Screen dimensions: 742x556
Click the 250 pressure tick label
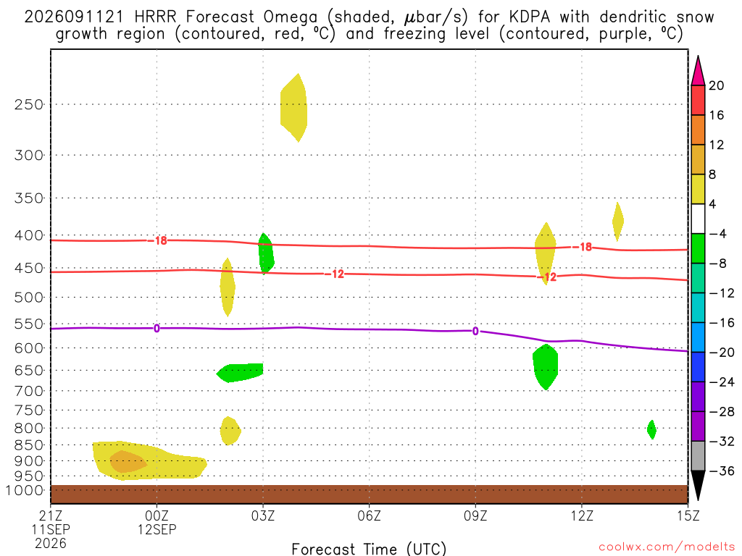[x=29, y=104]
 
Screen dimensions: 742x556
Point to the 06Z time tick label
[x=369, y=515]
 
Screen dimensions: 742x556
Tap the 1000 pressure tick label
[x=25, y=490]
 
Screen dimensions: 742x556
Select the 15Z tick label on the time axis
[x=688, y=515]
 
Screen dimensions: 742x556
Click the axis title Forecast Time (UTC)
[x=369, y=549]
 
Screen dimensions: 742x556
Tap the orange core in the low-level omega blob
[x=128, y=462]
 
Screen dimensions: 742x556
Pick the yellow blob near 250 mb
[x=294, y=108]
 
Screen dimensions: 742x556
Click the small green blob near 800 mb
[x=651, y=430]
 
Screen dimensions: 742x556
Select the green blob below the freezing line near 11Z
[x=546, y=367]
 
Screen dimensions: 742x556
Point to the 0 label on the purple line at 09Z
[x=475, y=332]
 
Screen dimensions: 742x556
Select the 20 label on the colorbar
[x=717, y=85]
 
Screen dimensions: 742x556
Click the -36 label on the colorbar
[x=722, y=471]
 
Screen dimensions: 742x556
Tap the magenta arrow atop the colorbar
[x=698, y=70]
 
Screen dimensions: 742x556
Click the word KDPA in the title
[x=530, y=17]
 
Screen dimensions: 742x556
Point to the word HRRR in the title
[x=155, y=17]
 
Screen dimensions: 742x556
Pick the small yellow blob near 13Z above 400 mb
[x=617, y=222]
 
